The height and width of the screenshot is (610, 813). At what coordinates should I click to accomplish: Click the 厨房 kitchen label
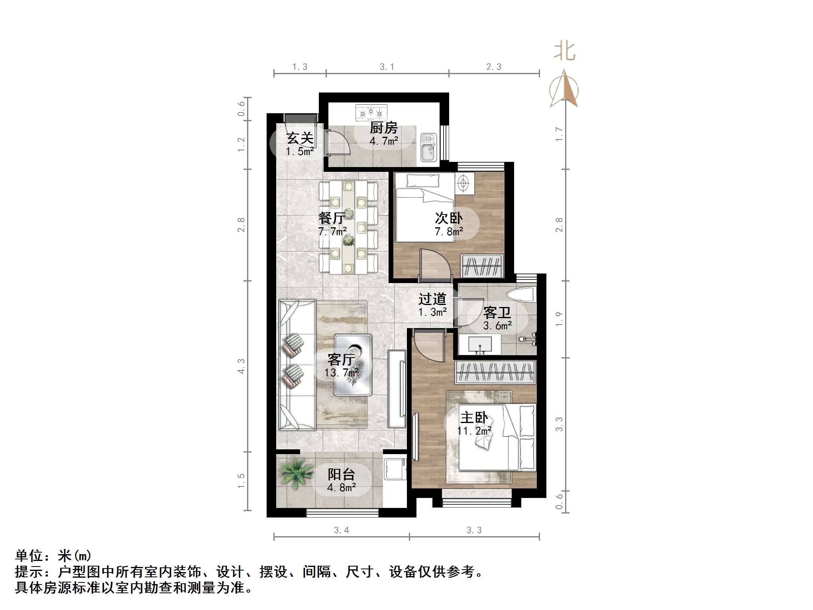tap(383, 128)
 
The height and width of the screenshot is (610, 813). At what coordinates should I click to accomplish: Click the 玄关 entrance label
tap(300, 138)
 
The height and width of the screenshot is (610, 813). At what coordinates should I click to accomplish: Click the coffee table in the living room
tap(353, 364)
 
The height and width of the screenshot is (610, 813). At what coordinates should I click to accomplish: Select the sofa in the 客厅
tap(297, 365)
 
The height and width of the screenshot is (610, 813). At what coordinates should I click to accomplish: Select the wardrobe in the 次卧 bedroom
tap(482, 265)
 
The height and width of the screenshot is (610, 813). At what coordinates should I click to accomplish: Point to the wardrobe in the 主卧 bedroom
tap(495, 372)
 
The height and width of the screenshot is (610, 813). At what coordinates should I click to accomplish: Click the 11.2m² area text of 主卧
tap(474, 431)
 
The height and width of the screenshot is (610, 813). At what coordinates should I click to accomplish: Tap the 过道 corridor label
tap(432, 299)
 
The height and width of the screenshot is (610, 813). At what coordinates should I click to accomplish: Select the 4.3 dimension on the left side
tap(241, 366)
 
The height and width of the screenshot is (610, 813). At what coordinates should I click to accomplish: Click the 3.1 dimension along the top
tap(387, 67)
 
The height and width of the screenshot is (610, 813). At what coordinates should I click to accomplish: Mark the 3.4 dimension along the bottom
tap(341, 530)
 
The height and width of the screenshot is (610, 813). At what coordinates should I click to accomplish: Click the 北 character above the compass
tap(564, 51)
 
